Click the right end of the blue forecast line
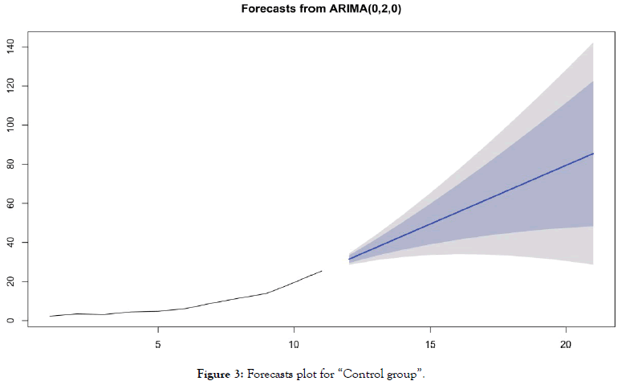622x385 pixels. (x=593, y=154)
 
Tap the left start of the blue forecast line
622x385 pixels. (x=349, y=259)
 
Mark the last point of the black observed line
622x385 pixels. (x=322, y=271)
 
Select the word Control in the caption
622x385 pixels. (x=348, y=374)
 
